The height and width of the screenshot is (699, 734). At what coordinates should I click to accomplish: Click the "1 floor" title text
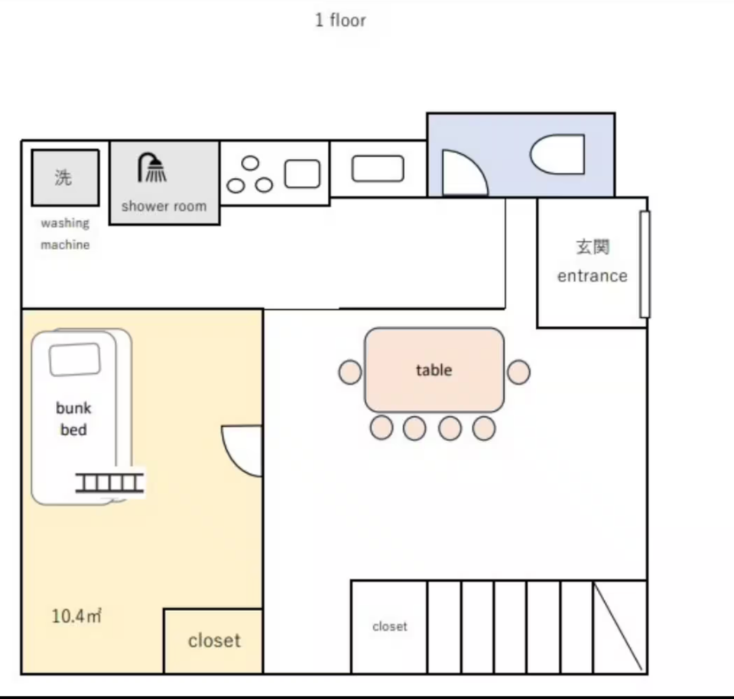pyautogui.click(x=340, y=20)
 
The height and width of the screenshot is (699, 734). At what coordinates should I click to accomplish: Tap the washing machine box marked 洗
pyautogui.click(x=65, y=178)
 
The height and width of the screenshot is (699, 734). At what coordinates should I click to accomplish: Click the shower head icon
pyautogui.click(x=151, y=167)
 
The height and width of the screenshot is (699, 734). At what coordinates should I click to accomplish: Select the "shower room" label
pyautogui.click(x=164, y=206)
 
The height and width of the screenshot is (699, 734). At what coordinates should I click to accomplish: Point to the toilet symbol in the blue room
pyautogui.click(x=557, y=154)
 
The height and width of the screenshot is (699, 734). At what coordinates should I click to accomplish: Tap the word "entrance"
pyautogui.click(x=592, y=276)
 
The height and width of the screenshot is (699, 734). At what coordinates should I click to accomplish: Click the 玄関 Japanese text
pyautogui.click(x=593, y=247)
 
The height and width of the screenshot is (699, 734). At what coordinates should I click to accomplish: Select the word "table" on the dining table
pyautogui.click(x=434, y=370)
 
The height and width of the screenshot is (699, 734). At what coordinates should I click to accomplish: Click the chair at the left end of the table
pyautogui.click(x=350, y=372)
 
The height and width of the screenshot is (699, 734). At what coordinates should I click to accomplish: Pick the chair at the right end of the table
pyautogui.click(x=518, y=372)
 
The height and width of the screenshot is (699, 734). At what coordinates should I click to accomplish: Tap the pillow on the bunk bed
pyautogui.click(x=75, y=359)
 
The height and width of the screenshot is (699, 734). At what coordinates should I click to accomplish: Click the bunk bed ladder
pyautogui.click(x=109, y=483)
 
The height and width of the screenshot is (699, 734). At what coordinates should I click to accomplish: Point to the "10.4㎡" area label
pyautogui.click(x=76, y=616)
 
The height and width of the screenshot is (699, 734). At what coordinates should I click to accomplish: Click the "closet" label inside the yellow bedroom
pyautogui.click(x=214, y=640)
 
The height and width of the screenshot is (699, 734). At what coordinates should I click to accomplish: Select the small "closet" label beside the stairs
pyautogui.click(x=390, y=626)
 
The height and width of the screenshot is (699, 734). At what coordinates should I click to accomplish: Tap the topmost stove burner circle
pyautogui.click(x=251, y=163)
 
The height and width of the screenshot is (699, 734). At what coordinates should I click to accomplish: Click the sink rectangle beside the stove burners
pyautogui.click(x=303, y=174)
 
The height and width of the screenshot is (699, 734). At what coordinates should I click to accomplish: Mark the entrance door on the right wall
pyautogui.click(x=645, y=265)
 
